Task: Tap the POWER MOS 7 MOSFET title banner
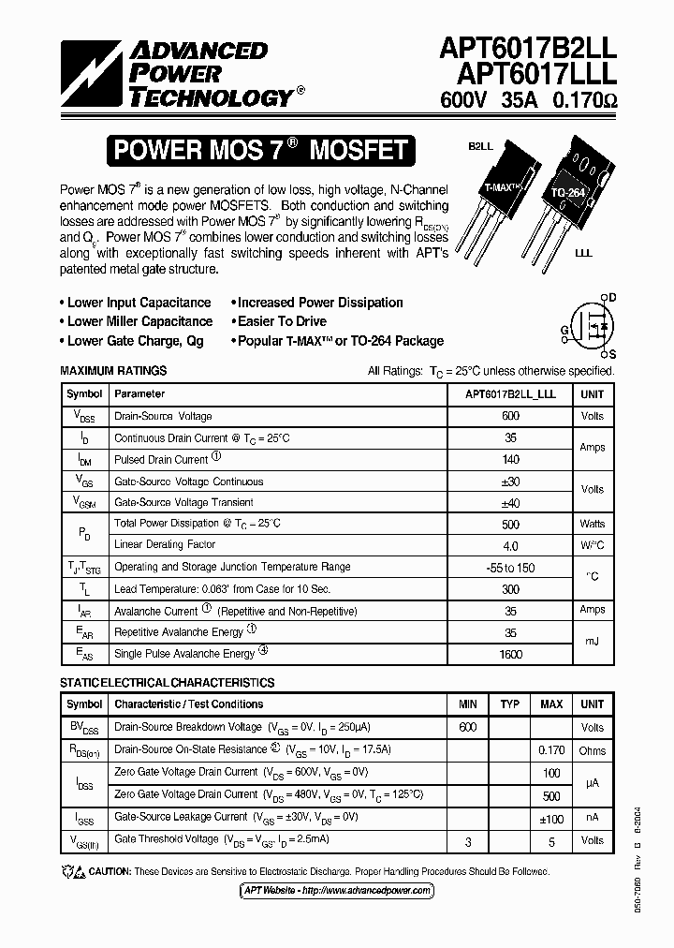[259, 150]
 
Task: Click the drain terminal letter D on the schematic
[612, 297]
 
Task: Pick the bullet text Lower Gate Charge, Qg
[135, 341]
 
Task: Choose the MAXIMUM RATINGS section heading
[113, 371]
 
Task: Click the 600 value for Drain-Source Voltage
[510, 416]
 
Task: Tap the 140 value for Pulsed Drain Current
[510, 460]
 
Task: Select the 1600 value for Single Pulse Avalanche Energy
[510, 654]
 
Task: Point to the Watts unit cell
[592, 524]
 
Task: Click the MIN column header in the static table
[468, 704]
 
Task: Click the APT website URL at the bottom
[336, 890]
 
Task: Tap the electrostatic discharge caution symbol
[72, 872]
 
